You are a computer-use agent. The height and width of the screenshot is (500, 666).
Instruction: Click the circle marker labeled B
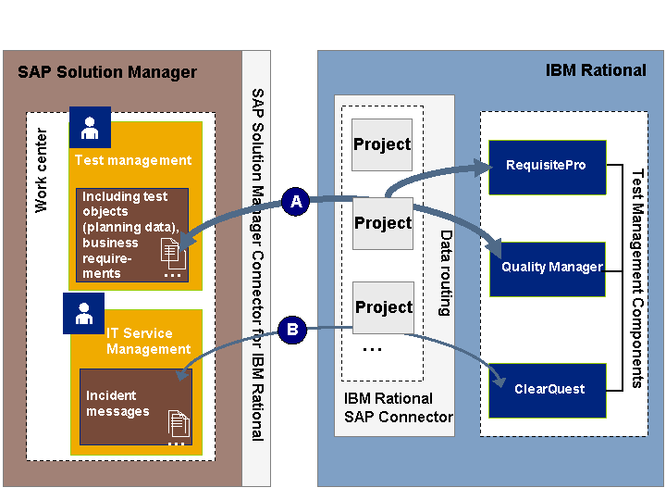click(x=292, y=328)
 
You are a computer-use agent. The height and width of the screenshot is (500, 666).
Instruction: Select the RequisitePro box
click(x=547, y=167)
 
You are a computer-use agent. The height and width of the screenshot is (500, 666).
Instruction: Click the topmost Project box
click(x=382, y=144)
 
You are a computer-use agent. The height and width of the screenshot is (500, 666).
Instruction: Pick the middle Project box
click(x=382, y=223)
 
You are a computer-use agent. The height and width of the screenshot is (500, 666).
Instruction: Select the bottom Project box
click(x=382, y=307)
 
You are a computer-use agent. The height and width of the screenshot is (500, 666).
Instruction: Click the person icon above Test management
click(x=90, y=127)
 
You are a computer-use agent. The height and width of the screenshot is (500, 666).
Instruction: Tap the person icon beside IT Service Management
click(x=84, y=313)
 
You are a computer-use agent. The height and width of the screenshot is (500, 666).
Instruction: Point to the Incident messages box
click(x=135, y=406)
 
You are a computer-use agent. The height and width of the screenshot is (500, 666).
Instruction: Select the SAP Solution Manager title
click(x=107, y=72)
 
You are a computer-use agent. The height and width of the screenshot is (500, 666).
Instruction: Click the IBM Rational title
click(x=596, y=70)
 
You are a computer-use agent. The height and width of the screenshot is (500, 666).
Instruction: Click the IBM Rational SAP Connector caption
click(x=398, y=407)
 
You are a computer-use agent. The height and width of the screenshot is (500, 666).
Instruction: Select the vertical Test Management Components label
click(x=636, y=278)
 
